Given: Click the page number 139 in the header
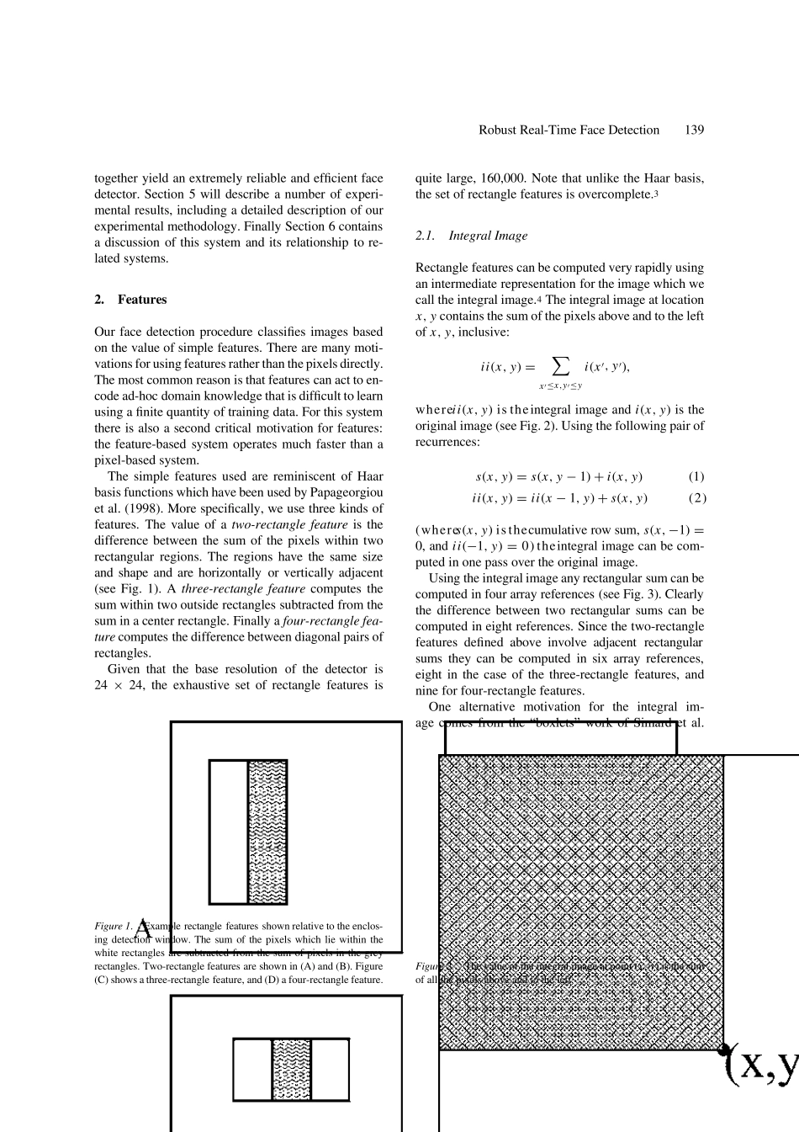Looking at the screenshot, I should pyautogui.click(x=694, y=130).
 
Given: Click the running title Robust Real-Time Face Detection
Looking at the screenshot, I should pyautogui.click(x=569, y=130).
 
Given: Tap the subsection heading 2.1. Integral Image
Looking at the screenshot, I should pyautogui.click(x=471, y=236).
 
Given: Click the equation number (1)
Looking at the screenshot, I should pyautogui.click(x=696, y=476).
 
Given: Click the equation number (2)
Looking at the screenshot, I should pyautogui.click(x=696, y=498).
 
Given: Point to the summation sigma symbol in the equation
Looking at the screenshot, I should pyautogui.click(x=560, y=366).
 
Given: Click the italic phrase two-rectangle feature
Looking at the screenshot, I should pyautogui.click(x=289, y=524).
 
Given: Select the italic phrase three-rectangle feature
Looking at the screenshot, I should pyautogui.click(x=234, y=589).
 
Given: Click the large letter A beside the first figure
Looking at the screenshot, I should pyautogui.click(x=144, y=929).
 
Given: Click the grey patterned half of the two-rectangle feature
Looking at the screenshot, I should pyautogui.click(x=267, y=832).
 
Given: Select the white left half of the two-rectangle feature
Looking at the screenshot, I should pyautogui.click(x=229, y=832).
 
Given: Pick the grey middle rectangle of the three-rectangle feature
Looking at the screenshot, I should pyautogui.click(x=291, y=1070).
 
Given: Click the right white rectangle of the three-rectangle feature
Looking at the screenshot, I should pyautogui.click(x=330, y=1070).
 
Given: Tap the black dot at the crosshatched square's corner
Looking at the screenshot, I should pyautogui.click(x=722, y=1049).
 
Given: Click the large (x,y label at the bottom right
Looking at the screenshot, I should pyautogui.click(x=761, y=1065).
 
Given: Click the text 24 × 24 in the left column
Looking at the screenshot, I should pyautogui.click(x=119, y=685).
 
